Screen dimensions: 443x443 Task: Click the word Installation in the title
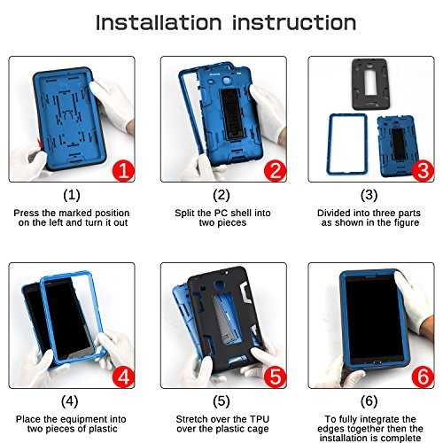pyautogui.click(x=159, y=23)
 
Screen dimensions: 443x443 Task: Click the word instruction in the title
pyautogui.click(x=294, y=23)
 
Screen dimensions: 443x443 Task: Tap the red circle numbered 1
pyautogui.click(x=123, y=171)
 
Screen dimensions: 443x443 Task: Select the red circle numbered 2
pyautogui.click(x=275, y=171)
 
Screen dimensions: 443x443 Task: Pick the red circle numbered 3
pyautogui.click(x=423, y=171)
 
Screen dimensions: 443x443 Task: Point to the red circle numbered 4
pyautogui.click(x=123, y=377)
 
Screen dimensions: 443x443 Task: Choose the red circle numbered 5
pyautogui.click(x=275, y=377)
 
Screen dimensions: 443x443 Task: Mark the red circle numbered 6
pyautogui.click(x=423, y=377)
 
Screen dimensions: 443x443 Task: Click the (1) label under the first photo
pyautogui.click(x=72, y=195)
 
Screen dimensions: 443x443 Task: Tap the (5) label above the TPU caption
pyautogui.click(x=221, y=401)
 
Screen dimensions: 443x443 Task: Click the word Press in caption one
pyautogui.click(x=27, y=213)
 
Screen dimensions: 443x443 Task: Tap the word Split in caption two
pyautogui.click(x=185, y=213)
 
